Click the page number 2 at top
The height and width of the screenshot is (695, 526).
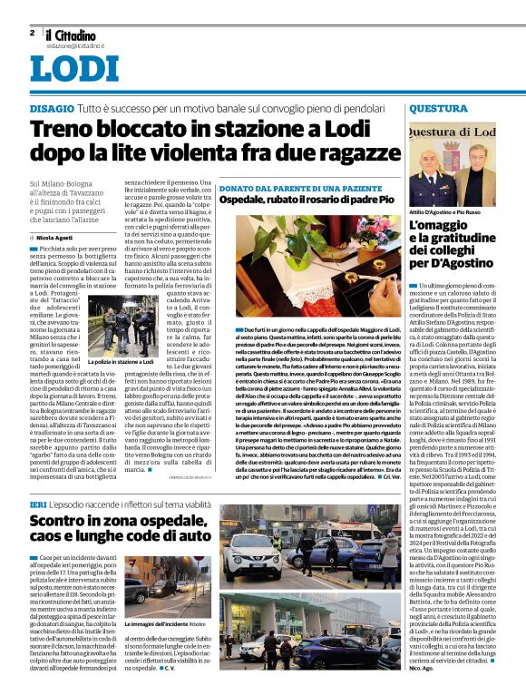32,33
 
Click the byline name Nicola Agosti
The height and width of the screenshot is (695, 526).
62,238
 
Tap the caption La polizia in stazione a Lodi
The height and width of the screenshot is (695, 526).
120,361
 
